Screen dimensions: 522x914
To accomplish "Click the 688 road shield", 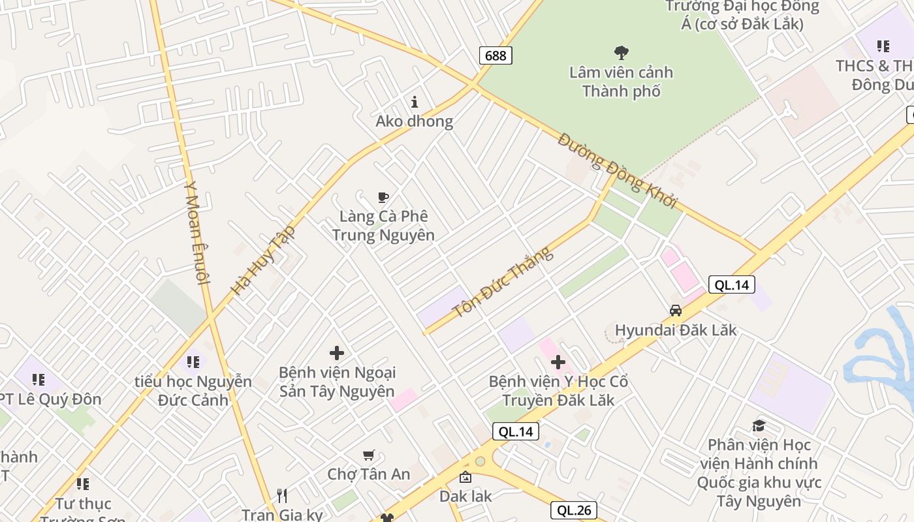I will [x=496, y=55].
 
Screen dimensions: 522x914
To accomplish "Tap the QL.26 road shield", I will [x=574, y=510].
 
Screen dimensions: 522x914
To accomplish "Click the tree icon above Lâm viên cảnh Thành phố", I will [x=621, y=52].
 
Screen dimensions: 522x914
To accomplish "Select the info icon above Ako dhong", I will [x=414, y=102].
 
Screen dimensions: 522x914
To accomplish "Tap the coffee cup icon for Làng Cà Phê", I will [x=383, y=197].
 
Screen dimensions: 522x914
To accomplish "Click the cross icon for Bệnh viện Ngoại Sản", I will [x=336, y=353].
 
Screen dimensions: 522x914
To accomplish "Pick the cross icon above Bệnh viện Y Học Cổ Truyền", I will [x=558, y=362].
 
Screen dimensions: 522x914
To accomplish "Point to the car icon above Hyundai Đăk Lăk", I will [x=675, y=311].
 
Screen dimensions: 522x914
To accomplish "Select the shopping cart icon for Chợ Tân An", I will [x=368, y=455].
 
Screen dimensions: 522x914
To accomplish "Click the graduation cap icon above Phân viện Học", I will [x=758, y=426].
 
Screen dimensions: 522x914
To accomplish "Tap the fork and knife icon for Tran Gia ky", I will [x=282, y=496].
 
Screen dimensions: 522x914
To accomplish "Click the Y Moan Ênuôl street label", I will [x=196, y=232].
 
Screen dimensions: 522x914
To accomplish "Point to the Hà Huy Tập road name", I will [x=263, y=260].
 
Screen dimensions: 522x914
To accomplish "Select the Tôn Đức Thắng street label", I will [x=503, y=282].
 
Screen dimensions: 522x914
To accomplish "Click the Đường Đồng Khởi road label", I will [x=618, y=170].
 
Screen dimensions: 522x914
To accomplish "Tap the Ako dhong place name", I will [x=414, y=121].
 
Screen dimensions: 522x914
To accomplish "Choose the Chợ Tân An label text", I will [x=369, y=474].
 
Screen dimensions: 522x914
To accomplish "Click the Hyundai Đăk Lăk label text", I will [x=676, y=330].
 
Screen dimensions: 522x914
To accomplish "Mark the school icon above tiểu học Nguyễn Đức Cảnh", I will [x=193, y=361].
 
